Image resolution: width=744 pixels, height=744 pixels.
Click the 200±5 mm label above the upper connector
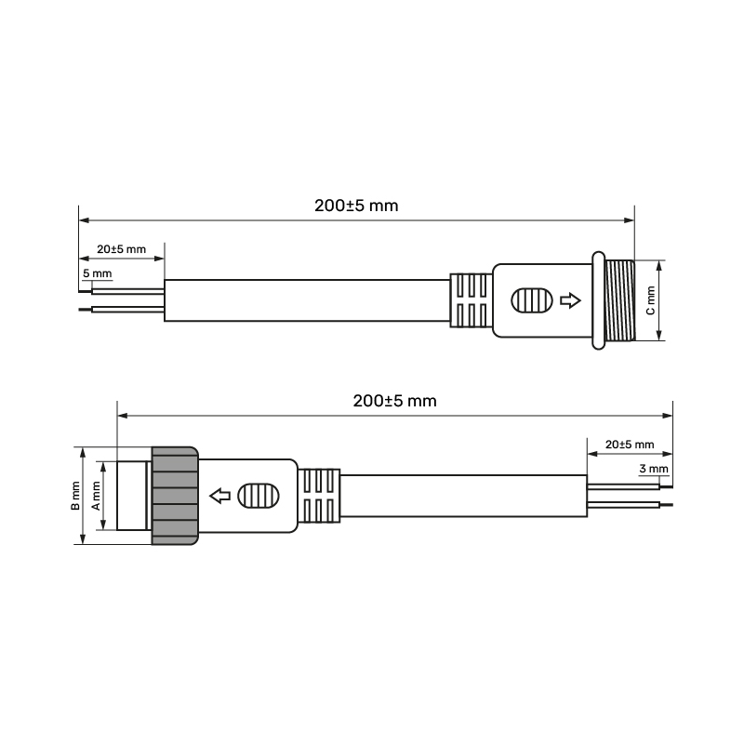pyautogui.click(x=356, y=206)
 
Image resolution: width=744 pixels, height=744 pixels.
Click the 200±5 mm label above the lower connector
pyautogui.click(x=394, y=401)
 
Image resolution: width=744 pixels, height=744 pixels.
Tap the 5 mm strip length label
pyautogui.click(x=98, y=273)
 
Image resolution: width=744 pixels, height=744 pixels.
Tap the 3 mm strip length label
pyautogui.click(x=654, y=469)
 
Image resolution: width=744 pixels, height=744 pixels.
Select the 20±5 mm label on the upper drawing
pyautogui.click(x=122, y=249)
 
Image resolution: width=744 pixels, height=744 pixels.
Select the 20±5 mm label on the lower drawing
pyautogui.click(x=630, y=445)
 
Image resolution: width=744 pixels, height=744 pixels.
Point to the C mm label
pyautogui.click(x=650, y=300)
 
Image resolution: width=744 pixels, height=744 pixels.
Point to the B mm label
pyautogui.click(x=75, y=496)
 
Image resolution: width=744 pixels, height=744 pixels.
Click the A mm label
pyautogui.click(x=96, y=496)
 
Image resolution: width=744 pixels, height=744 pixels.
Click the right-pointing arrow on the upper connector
pyautogui.click(x=570, y=300)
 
